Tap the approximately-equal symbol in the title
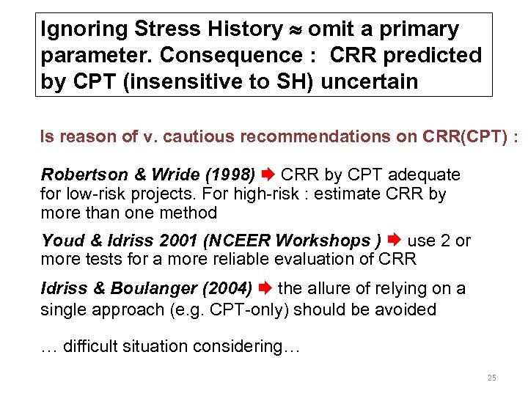click(x=294, y=30)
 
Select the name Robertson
click(x=81, y=175)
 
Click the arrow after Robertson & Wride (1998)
click(x=268, y=175)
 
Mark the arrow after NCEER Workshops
click(x=393, y=241)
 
